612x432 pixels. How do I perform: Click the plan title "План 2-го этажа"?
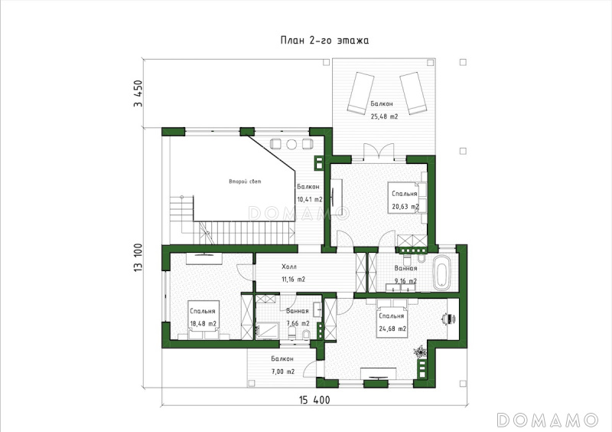(324, 41)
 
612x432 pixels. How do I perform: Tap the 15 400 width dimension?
(314, 400)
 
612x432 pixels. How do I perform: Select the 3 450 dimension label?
(138, 93)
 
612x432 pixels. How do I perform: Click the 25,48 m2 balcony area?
(384, 116)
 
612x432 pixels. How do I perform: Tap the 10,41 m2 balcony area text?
(310, 199)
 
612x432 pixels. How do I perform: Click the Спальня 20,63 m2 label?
(405, 200)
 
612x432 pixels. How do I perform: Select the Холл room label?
(289, 267)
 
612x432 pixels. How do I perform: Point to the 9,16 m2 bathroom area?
(405, 281)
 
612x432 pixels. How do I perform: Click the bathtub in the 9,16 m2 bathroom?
(442, 273)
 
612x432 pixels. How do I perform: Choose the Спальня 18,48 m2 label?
(203, 317)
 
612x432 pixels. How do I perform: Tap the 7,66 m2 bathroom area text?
(298, 324)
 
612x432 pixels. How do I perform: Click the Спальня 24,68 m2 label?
(392, 322)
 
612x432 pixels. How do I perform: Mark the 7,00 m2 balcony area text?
(283, 371)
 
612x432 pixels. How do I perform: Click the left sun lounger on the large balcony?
(360, 93)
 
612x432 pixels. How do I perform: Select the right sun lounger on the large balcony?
(412, 93)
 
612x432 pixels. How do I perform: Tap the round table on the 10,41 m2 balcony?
(291, 144)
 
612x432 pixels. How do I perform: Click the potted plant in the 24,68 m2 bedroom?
(420, 352)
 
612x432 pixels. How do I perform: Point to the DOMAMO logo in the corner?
(548, 420)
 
